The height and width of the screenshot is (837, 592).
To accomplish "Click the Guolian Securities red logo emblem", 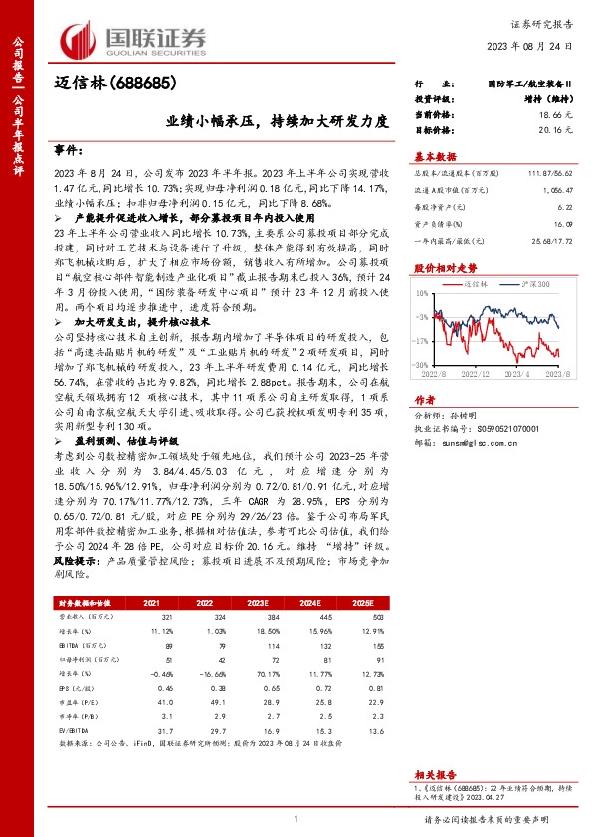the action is (81, 40).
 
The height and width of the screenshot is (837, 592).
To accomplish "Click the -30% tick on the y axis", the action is (421, 365).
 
